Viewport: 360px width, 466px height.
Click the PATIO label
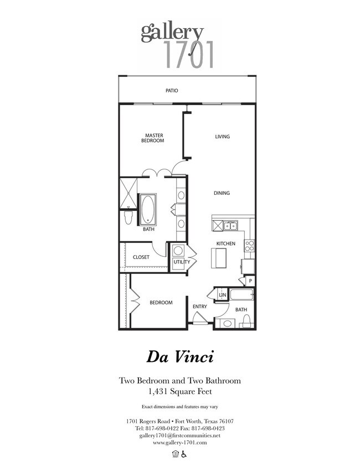172,90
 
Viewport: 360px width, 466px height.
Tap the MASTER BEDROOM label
154,138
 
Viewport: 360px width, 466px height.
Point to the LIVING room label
222,137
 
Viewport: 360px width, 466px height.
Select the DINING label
222,193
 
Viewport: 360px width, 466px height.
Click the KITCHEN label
225,244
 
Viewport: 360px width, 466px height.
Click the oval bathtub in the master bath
148,209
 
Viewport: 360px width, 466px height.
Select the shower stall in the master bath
127,193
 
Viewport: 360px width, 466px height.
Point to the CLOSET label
141,257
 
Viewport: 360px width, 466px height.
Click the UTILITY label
182,262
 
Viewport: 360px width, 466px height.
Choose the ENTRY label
199,306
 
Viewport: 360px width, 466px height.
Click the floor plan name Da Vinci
179,356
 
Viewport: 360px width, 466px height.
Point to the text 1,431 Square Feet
179,391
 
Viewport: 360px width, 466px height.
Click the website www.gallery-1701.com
179,442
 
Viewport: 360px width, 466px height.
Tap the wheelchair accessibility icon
184,454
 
